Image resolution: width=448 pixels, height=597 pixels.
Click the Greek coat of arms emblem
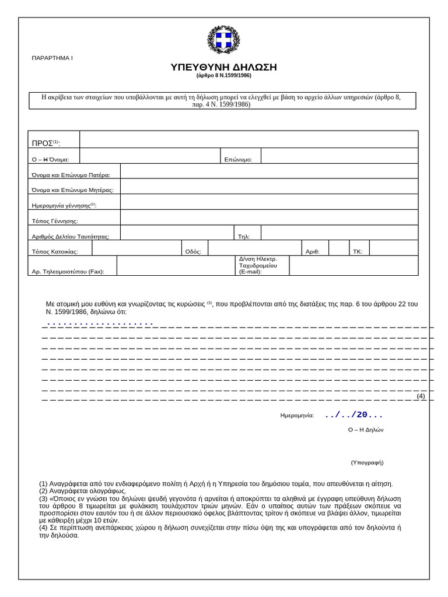point(223,40)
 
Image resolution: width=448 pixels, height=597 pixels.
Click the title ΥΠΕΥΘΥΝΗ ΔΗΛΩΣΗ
point(223,68)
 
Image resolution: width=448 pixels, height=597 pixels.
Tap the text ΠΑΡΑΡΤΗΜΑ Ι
point(52,58)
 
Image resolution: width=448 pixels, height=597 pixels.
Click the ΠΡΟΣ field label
point(45,143)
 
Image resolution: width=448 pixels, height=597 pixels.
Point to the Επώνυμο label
point(238,159)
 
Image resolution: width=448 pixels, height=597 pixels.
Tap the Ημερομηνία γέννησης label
point(64,206)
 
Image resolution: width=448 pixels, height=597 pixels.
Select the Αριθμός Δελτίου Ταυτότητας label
point(71,237)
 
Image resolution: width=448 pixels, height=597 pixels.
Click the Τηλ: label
point(244,237)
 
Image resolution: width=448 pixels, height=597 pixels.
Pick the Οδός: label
point(193,252)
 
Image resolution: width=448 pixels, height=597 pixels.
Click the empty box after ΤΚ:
point(394,248)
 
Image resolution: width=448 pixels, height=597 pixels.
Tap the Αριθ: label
point(313,252)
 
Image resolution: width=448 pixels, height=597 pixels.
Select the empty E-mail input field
point(353,265)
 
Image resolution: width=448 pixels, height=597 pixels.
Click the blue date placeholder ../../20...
point(353,415)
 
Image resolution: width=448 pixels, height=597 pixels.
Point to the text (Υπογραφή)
point(367,462)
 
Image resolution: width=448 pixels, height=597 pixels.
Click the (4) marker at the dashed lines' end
point(421,396)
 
